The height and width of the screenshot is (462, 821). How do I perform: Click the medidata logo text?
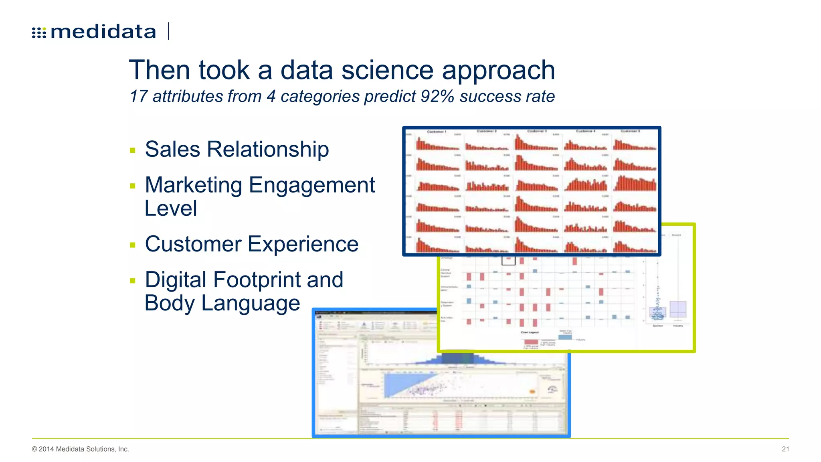[103, 32]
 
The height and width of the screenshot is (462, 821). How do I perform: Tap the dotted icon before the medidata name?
[39, 32]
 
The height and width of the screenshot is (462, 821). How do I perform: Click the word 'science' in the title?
[387, 70]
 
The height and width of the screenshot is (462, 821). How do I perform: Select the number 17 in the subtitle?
[138, 97]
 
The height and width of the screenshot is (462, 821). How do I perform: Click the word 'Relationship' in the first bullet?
[268, 149]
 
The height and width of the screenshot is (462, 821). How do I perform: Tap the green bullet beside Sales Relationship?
[133, 150]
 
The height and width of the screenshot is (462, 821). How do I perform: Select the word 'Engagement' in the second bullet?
[311, 185]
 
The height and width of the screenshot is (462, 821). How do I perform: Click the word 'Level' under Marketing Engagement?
[171, 208]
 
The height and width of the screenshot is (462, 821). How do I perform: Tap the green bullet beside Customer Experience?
[133, 245]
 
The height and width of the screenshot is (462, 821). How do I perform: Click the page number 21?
[785, 449]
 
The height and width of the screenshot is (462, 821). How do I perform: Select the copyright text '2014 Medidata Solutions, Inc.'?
[84, 449]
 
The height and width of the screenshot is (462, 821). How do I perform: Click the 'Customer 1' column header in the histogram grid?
[437, 132]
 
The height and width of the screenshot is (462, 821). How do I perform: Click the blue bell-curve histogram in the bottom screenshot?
[461, 359]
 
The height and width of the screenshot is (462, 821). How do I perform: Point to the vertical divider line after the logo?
[169, 31]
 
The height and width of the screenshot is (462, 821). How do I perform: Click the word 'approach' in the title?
[498, 70]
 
